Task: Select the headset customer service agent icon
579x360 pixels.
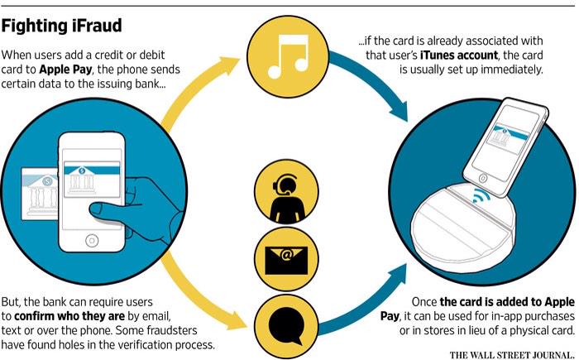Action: [285, 193]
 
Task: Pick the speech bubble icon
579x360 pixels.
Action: [285, 319]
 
